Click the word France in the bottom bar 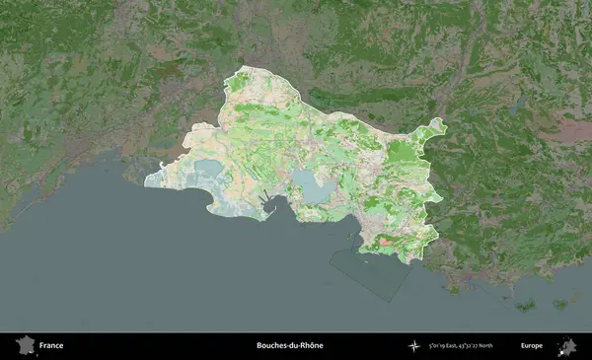[51, 345]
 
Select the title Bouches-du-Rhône [289, 345]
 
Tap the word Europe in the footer [532, 345]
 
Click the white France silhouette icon [23, 345]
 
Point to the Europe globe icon [567, 345]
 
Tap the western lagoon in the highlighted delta [207, 172]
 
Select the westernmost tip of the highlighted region [145, 180]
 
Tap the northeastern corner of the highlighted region [441, 123]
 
